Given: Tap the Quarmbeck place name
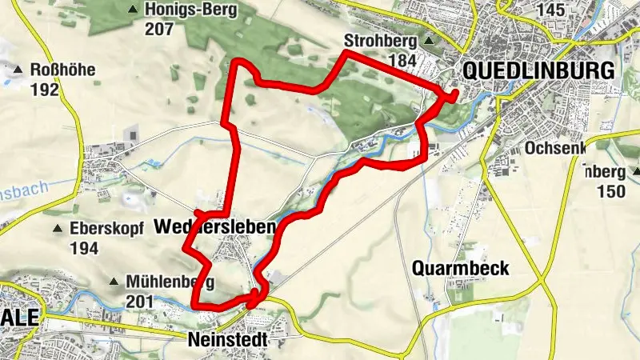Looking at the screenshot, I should click(462, 269).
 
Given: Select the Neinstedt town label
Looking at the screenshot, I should click(226, 339).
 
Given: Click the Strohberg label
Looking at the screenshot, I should click(381, 40).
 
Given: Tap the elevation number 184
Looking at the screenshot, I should click(402, 60).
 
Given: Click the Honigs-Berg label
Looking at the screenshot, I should click(186, 10).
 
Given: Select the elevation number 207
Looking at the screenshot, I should click(160, 29).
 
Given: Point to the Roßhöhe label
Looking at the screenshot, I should click(62, 70).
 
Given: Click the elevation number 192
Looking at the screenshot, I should click(45, 90).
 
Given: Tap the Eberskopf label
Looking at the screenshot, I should click(106, 229).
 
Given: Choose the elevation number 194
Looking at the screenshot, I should click(83, 248).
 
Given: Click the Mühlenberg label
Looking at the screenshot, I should click(169, 282).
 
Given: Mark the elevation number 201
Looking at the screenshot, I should click(141, 301).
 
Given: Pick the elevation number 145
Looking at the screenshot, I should click(552, 10).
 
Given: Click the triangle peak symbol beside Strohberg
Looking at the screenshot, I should click(430, 41).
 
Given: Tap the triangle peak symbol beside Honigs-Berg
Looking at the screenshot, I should click(132, 10).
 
